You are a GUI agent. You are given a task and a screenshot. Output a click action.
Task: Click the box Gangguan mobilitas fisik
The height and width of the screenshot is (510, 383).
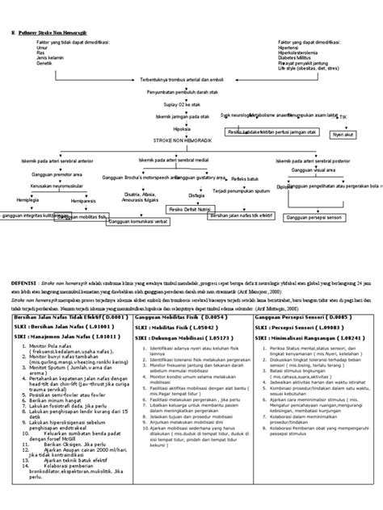80,217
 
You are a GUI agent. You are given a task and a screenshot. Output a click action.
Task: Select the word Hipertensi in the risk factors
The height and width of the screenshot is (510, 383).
293,47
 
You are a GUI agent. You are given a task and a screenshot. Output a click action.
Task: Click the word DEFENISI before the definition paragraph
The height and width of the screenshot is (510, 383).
28,284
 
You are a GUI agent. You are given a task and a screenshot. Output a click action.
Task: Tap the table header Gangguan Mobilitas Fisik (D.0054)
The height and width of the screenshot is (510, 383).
173,318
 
